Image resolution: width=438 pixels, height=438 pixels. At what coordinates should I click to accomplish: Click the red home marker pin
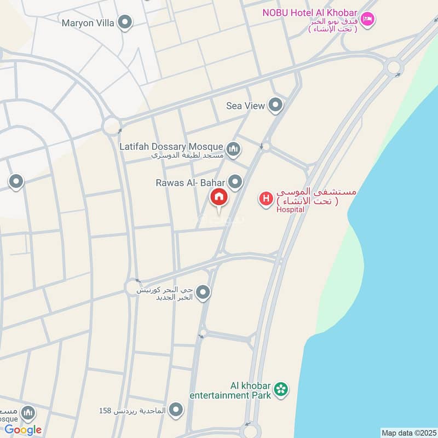(x=218, y=198)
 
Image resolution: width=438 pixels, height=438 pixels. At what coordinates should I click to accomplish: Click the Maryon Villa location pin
(x=125, y=23)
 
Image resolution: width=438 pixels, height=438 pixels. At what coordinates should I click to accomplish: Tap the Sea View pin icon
(x=275, y=105)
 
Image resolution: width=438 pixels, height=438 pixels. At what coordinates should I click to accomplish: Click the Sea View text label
(x=245, y=106)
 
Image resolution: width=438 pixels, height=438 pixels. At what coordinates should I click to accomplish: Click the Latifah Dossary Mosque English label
(x=171, y=147)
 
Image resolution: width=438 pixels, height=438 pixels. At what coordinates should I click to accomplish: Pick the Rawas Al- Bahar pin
(x=235, y=182)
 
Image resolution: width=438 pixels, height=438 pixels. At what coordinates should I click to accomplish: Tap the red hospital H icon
(x=266, y=199)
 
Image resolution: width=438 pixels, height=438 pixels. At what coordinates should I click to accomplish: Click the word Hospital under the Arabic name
(x=290, y=209)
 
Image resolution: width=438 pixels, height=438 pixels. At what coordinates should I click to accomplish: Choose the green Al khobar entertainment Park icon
(x=281, y=390)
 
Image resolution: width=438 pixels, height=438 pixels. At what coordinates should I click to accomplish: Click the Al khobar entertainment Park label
(x=230, y=389)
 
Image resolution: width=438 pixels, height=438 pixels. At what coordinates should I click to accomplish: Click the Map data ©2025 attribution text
(x=408, y=433)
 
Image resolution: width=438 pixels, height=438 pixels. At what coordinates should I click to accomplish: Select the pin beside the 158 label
(x=176, y=410)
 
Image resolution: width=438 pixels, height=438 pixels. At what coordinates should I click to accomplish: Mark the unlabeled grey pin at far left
(x=16, y=182)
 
